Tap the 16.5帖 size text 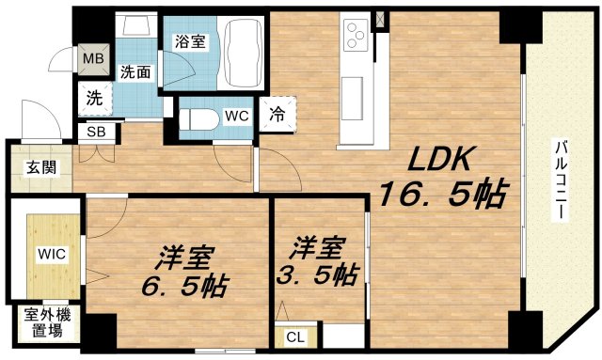point(442,196)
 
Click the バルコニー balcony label point(561,179)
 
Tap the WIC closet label point(51,254)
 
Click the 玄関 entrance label point(39,168)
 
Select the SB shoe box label point(95,132)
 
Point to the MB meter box point(94,58)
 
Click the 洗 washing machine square point(94,96)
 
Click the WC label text point(235,117)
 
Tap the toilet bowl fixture point(195,120)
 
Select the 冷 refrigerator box point(277,112)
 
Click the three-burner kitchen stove point(356,36)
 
